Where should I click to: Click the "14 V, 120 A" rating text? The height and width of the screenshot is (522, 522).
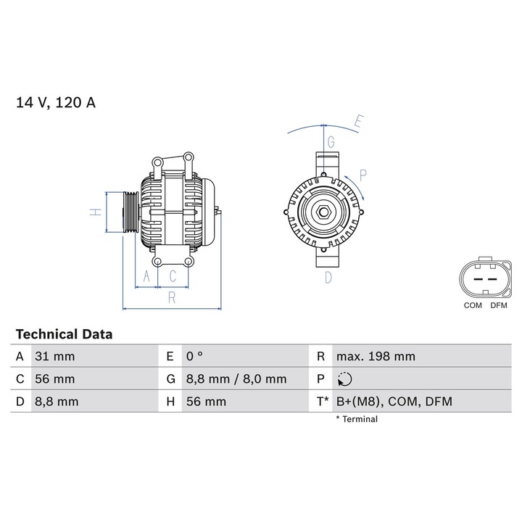point(56,102)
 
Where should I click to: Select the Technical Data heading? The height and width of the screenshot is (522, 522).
point(64,334)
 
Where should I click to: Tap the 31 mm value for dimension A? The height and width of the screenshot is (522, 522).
point(54,357)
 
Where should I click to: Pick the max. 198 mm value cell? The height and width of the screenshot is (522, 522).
point(376,357)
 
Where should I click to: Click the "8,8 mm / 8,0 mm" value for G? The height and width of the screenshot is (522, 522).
point(236,379)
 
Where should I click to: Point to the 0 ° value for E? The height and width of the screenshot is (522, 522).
point(195,357)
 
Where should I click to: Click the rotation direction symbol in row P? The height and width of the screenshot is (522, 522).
point(344,379)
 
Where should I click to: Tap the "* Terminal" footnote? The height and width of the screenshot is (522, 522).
point(356,419)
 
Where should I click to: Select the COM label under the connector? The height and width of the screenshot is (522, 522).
point(473,306)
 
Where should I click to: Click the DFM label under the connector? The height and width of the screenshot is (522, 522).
point(499,306)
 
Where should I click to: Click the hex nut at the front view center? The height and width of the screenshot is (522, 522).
point(324,213)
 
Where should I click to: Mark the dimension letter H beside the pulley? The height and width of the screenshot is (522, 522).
point(94,212)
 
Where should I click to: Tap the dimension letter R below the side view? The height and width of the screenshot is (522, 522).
point(171,297)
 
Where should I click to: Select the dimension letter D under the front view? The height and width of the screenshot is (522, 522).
point(328,277)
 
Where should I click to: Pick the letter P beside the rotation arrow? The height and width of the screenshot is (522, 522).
point(362,174)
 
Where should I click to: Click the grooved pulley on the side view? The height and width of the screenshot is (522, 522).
point(130,212)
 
